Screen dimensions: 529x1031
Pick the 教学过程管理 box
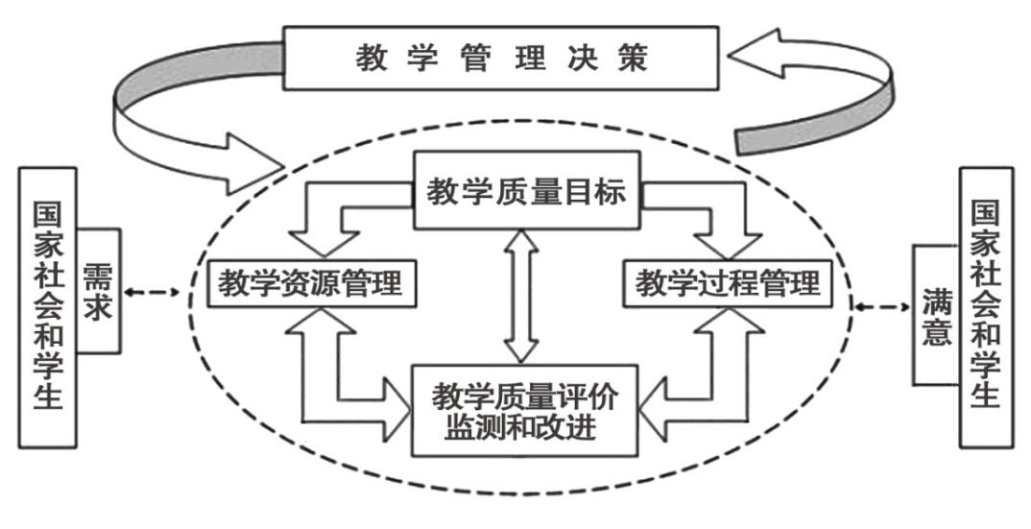pyautogui.click(x=728, y=284)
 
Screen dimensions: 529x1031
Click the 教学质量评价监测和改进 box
pyautogui.click(x=526, y=409)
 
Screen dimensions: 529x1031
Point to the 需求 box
pyautogui.click(x=98, y=290)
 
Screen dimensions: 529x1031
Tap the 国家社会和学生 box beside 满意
pyautogui.click(x=985, y=305)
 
